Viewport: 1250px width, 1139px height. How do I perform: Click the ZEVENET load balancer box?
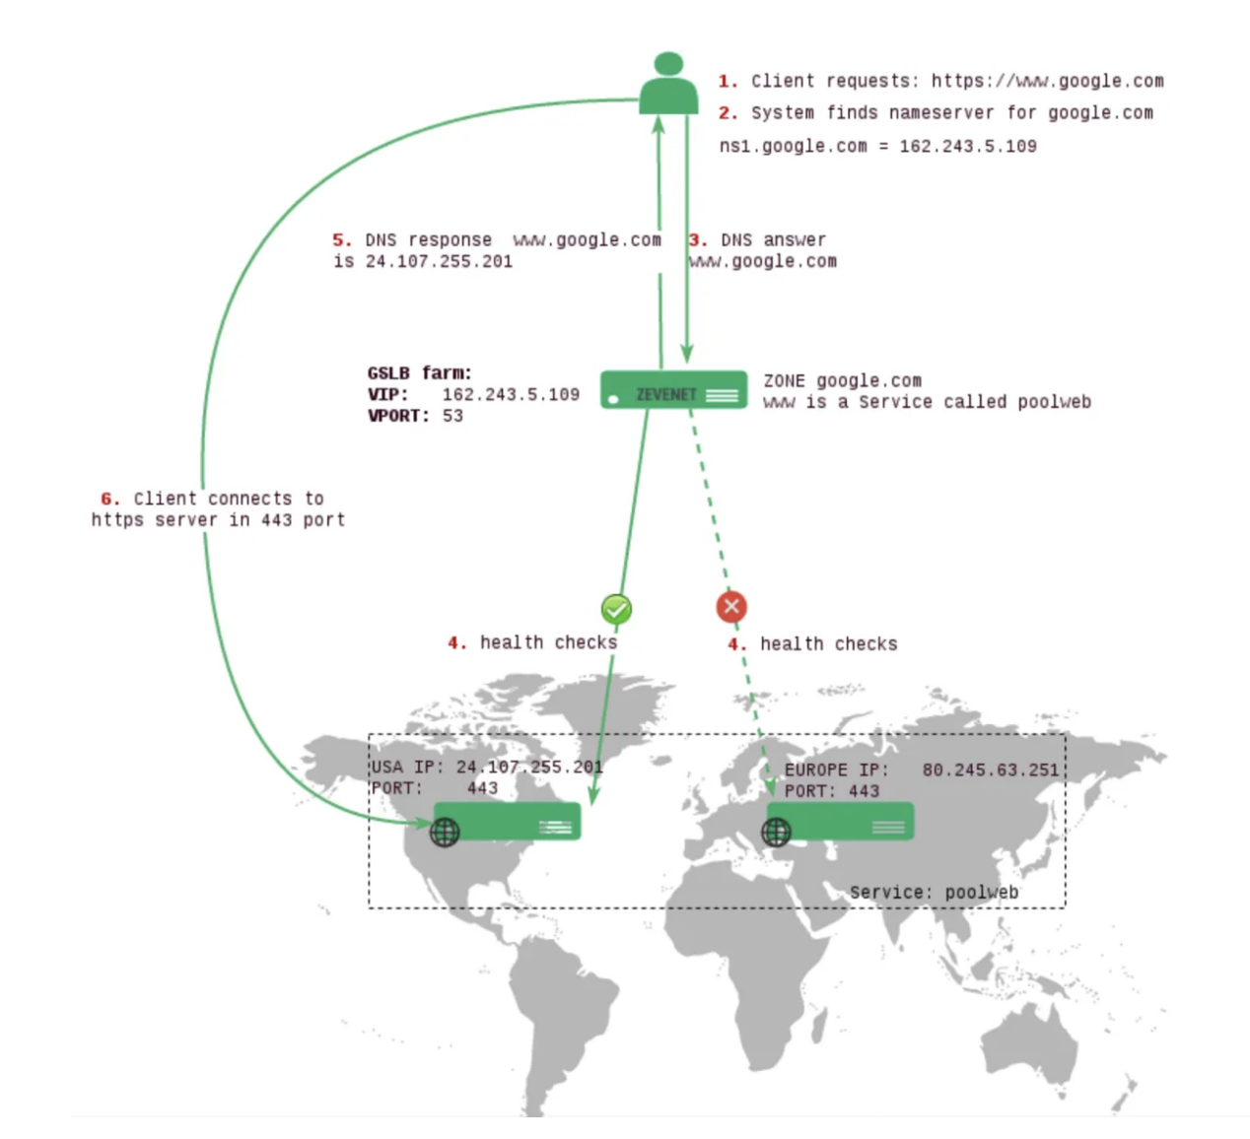(673, 390)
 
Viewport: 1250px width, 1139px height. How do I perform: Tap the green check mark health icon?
(616, 609)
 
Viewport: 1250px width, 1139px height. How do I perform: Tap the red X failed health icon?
(731, 607)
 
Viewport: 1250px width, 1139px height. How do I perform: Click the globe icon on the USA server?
(445, 833)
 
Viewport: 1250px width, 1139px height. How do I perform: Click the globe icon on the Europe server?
(776, 833)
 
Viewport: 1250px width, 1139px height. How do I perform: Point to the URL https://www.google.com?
(1047, 81)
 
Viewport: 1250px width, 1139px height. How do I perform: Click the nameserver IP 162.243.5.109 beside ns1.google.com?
(967, 146)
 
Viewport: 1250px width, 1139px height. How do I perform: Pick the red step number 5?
(341, 239)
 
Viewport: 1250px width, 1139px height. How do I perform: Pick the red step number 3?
(698, 239)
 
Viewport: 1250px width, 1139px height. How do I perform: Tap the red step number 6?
(110, 499)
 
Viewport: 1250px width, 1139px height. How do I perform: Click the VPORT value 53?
(452, 416)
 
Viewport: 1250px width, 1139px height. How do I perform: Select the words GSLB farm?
(419, 372)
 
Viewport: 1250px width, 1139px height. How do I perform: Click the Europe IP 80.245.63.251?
(990, 770)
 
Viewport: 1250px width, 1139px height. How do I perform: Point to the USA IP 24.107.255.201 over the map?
(528, 767)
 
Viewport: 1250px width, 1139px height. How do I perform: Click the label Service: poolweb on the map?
(934, 893)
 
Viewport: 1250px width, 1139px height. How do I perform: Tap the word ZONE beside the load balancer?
(784, 380)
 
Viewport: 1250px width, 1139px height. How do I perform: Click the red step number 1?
(728, 81)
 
